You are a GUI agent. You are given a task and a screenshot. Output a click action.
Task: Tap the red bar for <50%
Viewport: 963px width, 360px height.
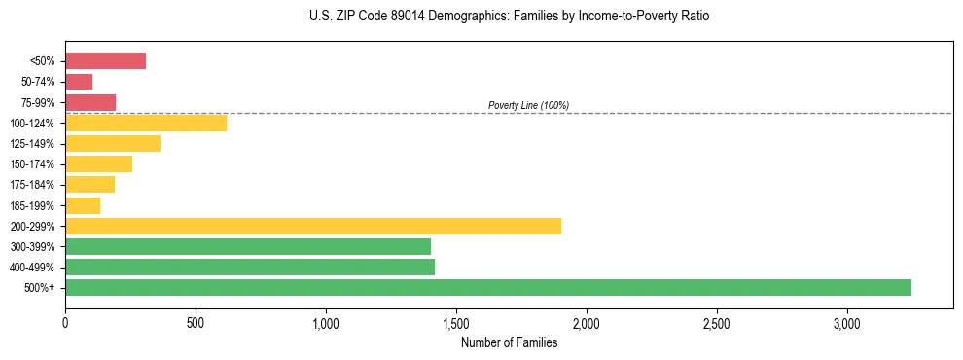pyautogui.click(x=105, y=61)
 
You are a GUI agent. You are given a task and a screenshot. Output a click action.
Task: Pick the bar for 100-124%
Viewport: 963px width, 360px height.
pyautogui.click(x=146, y=123)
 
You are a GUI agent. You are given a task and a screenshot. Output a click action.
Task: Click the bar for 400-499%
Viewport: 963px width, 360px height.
pyautogui.click(x=250, y=267)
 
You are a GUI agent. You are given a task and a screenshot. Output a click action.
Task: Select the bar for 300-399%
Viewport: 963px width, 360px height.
pyautogui.click(x=248, y=246)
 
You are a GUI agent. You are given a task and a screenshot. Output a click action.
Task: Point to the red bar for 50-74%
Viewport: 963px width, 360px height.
pyautogui.click(x=79, y=82)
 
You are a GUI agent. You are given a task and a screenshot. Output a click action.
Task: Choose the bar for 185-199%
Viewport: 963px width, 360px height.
pyautogui.click(x=83, y=205)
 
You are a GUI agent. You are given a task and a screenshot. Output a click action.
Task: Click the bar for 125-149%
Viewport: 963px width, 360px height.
pyautogui.click(x=113, y=144)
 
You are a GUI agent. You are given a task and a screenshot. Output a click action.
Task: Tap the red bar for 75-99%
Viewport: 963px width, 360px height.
pyautogui.click(x=90, y=102)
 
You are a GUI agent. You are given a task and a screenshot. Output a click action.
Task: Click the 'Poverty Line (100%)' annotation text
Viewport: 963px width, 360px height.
pyautogui.click(x=528, y=105)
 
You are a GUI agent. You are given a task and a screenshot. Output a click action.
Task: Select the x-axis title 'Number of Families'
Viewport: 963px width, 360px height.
pyautogui.click(x=509, y=342)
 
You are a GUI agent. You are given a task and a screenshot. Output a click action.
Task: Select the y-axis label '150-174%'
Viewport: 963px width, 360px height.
pyautogui.click(x=34, y=164)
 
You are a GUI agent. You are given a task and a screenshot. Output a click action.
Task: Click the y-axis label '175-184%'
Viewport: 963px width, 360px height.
pyautogui.click(x=34, y=185)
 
